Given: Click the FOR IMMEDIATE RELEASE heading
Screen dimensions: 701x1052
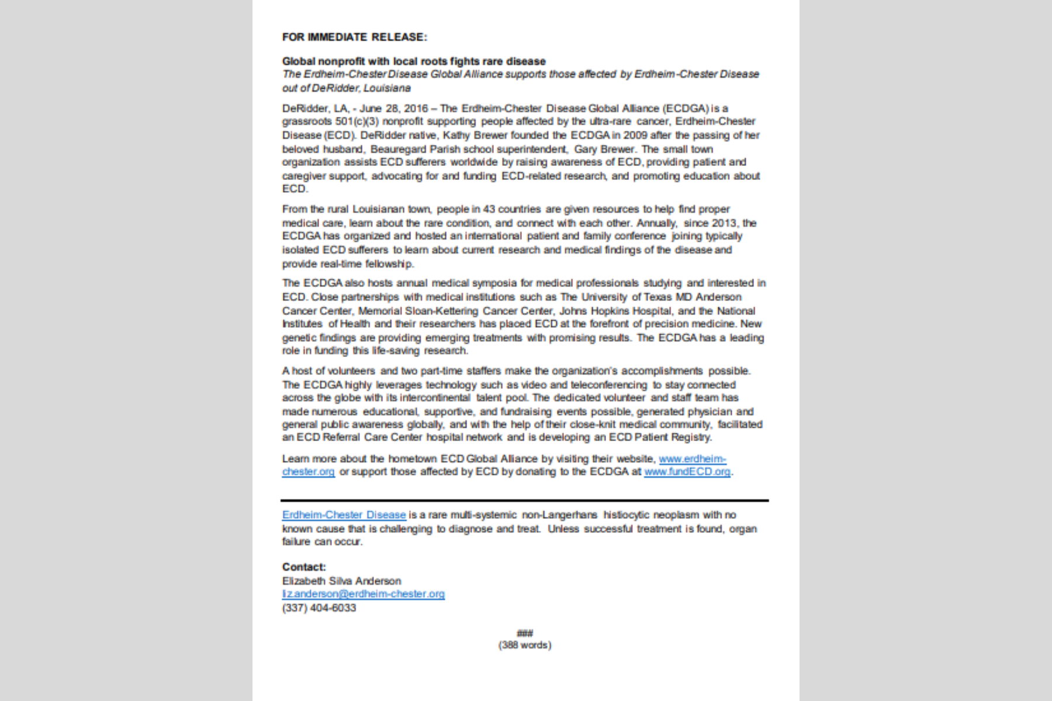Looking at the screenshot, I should pos(354,37).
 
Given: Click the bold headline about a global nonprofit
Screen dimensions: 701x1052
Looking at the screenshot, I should pos(414,61).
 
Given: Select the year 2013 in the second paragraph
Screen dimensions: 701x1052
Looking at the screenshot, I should pos(724,223).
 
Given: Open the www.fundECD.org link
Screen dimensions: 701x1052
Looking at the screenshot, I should pos(687,472).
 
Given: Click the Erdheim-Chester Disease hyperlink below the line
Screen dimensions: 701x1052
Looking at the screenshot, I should pos(344,515).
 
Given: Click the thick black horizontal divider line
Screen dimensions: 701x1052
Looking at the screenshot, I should pos(524,501).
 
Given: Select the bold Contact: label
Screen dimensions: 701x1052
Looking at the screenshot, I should pos(304,567).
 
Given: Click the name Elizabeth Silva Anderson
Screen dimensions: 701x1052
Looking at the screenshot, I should pos(341,581).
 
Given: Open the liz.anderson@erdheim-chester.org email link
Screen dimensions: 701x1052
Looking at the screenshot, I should pos(363,594).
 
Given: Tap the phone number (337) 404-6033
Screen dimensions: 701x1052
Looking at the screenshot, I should pos(319,608).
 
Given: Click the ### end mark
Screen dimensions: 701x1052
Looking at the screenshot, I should pos(525,633).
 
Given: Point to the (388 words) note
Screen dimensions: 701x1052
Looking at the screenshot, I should pos(525,646).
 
